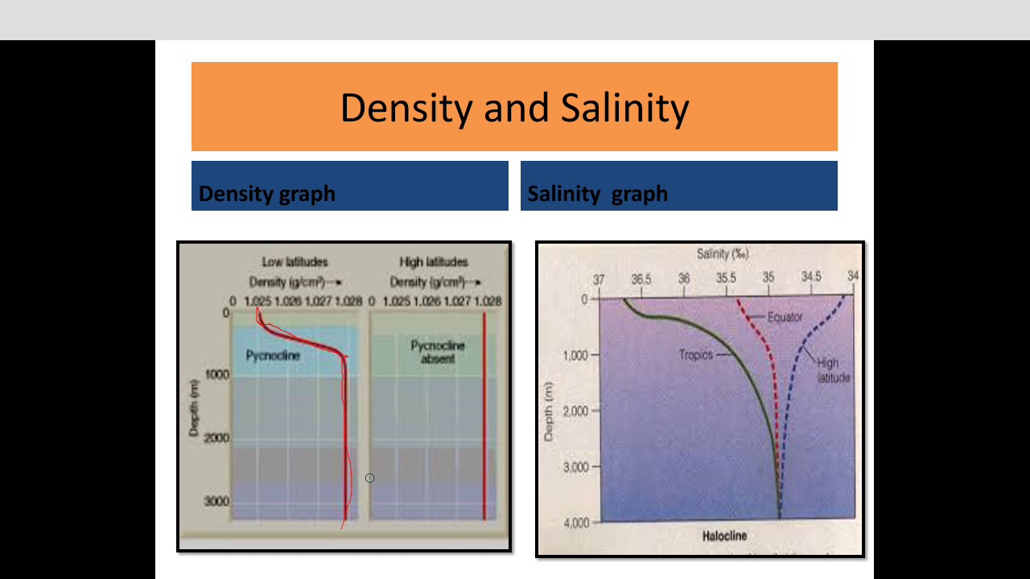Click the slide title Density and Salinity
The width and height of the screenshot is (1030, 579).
coord(514,108)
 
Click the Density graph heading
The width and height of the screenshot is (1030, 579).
coord(266,194)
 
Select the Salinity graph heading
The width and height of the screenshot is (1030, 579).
coord(597,194)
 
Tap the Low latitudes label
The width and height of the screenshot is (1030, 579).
coord(295,262)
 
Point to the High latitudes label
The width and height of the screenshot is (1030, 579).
coord(433,262)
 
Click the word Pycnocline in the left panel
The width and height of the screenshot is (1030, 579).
coord(273,355)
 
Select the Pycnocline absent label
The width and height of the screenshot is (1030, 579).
coord(437,352)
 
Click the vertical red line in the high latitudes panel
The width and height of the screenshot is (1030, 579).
coord(484,418)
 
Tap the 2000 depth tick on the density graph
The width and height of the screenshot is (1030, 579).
coord(215,438)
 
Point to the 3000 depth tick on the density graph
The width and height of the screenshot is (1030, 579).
coord(215,501)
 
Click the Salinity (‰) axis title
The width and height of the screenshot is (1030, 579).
coord(723,254)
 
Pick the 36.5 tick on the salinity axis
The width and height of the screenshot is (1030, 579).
coord(641,280)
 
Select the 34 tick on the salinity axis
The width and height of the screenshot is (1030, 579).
coord(853,276)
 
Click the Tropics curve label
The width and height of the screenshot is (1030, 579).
coord(695,354)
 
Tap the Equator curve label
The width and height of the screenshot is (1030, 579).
coord(785,318)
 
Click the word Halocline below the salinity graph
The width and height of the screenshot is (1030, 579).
coord(724,536)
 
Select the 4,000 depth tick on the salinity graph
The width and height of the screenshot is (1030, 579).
coord(575,522)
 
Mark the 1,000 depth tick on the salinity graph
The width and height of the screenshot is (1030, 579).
coord(575,355)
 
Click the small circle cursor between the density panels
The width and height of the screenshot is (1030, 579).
coord(369,478)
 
